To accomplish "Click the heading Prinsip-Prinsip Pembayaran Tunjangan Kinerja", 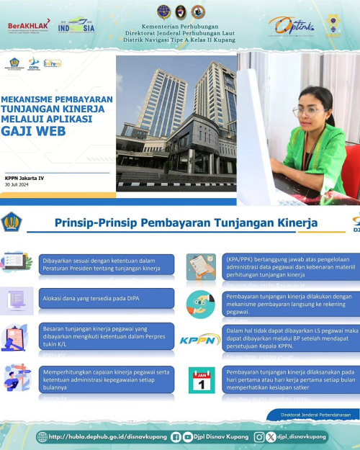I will tap(186, 223).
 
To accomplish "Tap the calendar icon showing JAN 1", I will tap(202, 379).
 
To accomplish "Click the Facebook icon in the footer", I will tap(176, 436).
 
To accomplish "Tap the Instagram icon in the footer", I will tap(259, 436).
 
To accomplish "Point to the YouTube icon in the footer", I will tap(188, 436).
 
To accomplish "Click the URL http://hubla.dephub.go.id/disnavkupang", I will tap(108, 436).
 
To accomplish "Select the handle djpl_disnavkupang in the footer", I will tap(302, 436).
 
